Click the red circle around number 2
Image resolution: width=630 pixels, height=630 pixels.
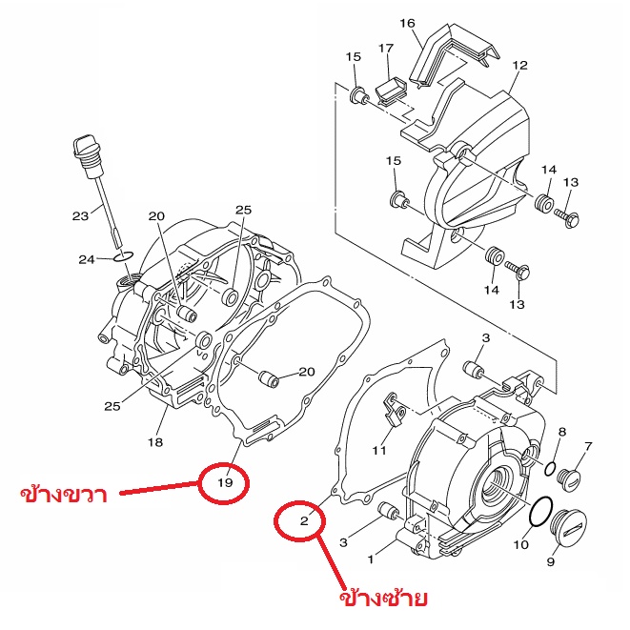click(x=276, y=520)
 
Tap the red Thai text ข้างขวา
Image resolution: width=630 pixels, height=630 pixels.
click(x=64, y=492)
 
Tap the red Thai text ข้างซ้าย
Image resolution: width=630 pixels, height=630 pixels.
click(x=383, y=597)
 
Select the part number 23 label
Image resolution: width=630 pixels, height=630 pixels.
click(x=80, y=216)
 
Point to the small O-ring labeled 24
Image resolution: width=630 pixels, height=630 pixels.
click(x=123, y=256)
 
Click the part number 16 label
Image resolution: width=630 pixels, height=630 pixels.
click(x=407, y=23)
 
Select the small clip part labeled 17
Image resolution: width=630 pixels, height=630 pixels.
click(x=392, y=91)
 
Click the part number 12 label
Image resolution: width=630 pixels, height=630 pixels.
click(x=519, y=65)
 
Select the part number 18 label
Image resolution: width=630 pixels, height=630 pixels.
click(x=155, y=442)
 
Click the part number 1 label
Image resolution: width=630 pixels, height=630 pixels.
click(x=371, y=559)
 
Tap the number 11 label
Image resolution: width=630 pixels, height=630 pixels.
click(x=379, y=451)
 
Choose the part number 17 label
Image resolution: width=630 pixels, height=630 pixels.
click(x=386, y=49)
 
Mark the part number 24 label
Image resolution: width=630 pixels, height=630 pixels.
click(x=87, y=259)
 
